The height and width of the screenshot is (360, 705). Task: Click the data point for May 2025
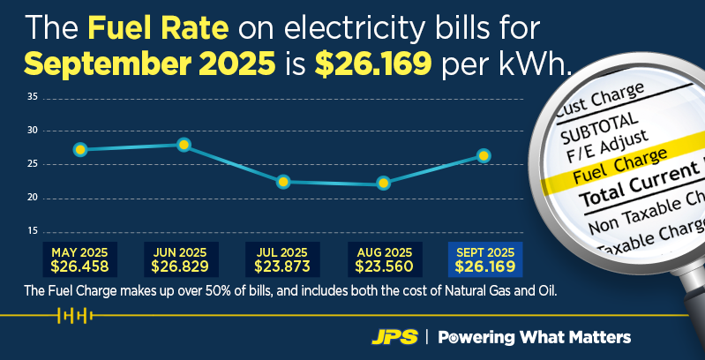[80, 149]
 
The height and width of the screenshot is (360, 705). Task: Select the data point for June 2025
[184, 145]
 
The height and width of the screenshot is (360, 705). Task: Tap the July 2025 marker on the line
[283, 182]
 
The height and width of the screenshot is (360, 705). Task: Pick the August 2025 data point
[383, 184]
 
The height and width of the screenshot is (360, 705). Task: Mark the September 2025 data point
[484, 155]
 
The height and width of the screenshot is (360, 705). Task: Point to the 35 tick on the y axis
[32, 97]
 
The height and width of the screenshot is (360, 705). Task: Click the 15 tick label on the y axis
[32, 231]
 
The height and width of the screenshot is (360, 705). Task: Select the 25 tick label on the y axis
[32, 164]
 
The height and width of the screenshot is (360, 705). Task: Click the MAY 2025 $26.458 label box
[80, 259]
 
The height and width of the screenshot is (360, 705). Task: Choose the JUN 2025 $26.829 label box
[181, 259]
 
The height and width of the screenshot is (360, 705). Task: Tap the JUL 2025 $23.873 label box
[282, 259]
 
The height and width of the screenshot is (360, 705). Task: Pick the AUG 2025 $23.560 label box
[384, 259]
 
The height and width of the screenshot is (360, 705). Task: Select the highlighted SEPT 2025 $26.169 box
[485, 259]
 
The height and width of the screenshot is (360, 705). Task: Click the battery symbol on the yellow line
[74, 315]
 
